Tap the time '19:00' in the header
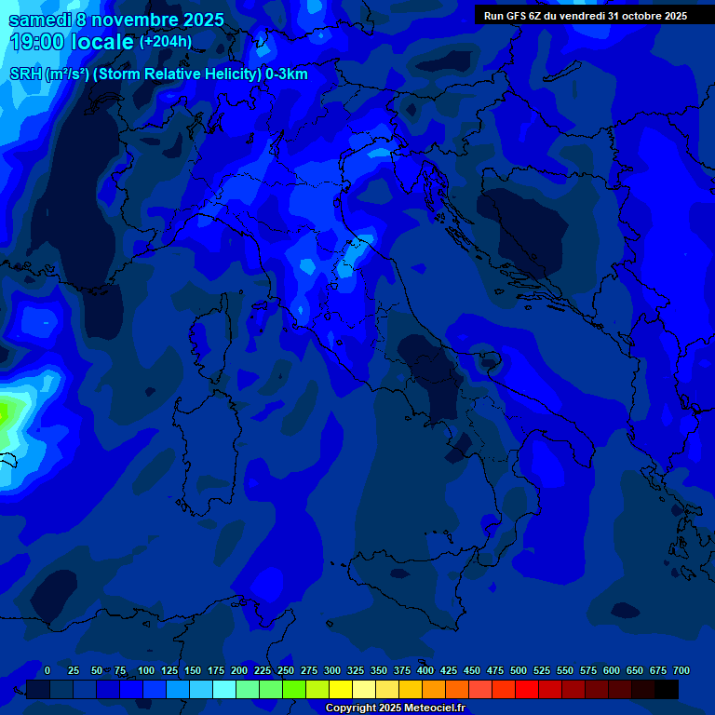coord(38,42)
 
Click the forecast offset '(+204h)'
coord(165,42)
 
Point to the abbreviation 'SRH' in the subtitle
coord(25,74)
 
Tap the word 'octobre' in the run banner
coord(635,16)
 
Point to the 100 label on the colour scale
coord(146,670)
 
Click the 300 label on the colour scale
coord(332,670)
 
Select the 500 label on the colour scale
coord(519,670)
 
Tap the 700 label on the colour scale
coord(681,670)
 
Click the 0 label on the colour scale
coord(47,670)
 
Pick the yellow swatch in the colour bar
coord(341,689)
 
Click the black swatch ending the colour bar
coord(667,689)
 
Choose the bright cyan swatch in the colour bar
coord(224,689)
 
